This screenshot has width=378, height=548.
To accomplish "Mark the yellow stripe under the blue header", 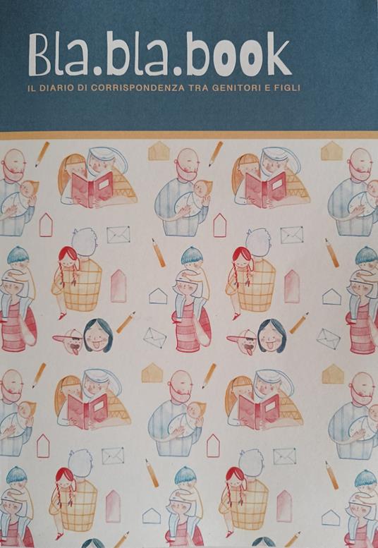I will click(189, 135).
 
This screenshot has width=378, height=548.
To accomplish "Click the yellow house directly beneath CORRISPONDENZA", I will click(159, 151).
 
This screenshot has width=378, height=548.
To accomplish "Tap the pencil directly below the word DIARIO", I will click(42, 153).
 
